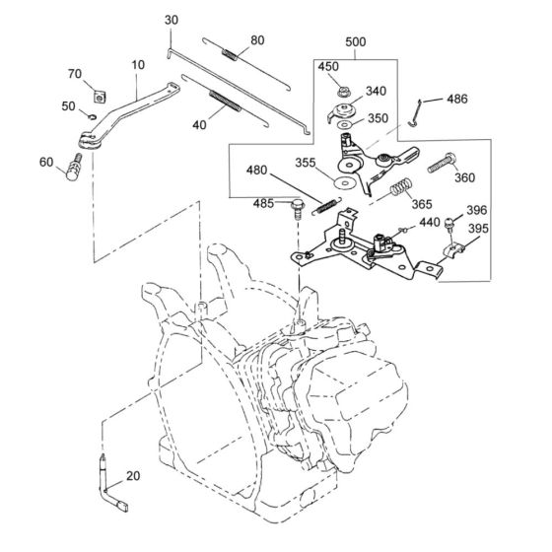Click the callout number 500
pos(355,41)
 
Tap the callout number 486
pos(457,99)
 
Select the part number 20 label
pos(133,476)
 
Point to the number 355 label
pos(306,163)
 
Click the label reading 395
pos(478,229)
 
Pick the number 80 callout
pos(257,40)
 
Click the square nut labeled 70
pos(101,97)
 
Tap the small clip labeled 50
pos(93,117)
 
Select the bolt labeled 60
pos(74,168)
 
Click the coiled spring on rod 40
pos(226,101)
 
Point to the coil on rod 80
pos(229,55)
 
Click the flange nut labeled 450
pos(342,93)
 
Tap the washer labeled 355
pos(344,183)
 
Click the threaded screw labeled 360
pos(442,163)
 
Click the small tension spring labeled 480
pos(326,206)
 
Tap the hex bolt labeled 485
pos(298,208)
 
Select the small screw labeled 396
pos(449,224)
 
